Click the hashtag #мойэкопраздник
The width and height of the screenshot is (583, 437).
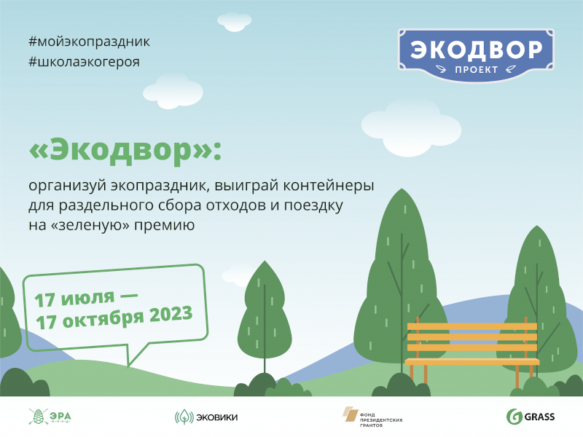click(x=89, y=42)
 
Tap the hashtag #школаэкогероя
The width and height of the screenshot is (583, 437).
click(x=84, y=62)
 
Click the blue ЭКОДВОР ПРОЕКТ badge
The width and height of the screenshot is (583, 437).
click(x=476, y=55)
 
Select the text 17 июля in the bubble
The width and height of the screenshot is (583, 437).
click(x=74, y=299)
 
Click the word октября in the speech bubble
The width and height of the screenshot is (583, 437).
click(x=103, y=320)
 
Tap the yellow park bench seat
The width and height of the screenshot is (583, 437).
click(x=472, y=361)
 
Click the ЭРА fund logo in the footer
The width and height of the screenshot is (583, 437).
click(x=50, y=417)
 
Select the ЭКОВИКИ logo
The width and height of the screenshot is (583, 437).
click(x=206, y=417)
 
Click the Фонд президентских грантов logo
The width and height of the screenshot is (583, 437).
click(x=372, y=417)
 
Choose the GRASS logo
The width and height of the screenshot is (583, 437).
click(x=531, y=417)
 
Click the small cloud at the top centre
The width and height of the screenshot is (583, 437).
click(x=234, y=22)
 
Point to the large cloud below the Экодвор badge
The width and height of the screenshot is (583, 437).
click(x=411, y=127)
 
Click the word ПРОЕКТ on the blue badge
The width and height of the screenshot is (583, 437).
click(x=477, y=69)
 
